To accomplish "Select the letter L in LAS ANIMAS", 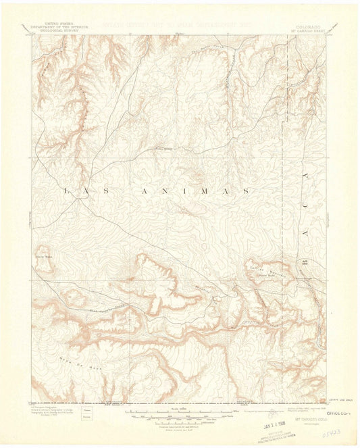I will (x=66, y=191).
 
